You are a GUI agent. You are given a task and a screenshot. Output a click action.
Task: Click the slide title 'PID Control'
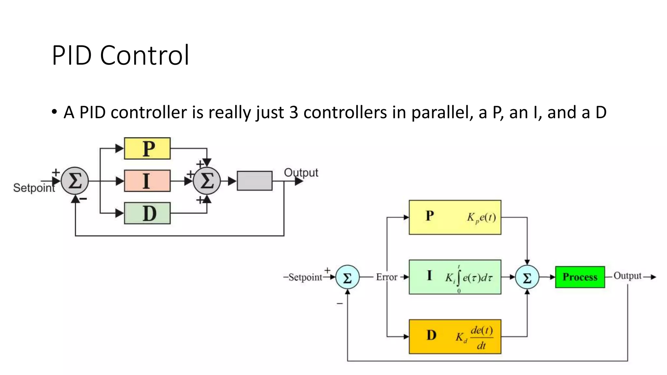tap(121, 55)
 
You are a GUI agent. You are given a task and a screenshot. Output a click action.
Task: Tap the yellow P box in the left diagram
tap(147, 148)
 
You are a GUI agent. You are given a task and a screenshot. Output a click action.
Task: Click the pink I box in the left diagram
tap(147, 181)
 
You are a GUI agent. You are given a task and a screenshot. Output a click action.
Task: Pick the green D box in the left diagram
tap(147, 213)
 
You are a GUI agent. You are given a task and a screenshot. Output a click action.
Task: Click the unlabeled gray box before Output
tap(254, 181)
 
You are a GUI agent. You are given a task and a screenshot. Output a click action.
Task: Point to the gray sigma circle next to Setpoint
tap(75, 181)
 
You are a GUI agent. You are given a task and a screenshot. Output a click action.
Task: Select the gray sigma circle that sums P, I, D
tap(207, 181)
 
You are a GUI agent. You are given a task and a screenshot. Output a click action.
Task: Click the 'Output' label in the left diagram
tap(301, 173)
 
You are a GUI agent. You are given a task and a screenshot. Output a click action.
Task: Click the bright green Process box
tap(580, 277)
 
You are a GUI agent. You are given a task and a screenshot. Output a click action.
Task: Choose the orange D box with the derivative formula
tap(455, 337)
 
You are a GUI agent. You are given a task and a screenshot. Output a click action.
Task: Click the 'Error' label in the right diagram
tap(387, 277)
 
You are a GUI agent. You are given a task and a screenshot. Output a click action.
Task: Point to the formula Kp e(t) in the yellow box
tap(481, 217)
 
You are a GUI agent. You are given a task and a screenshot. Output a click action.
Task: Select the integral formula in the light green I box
tap(469, 278)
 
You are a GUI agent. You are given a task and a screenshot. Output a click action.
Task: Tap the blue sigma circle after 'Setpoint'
tap(348, 277)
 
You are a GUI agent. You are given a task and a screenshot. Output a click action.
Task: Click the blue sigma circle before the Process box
tap(527, 277)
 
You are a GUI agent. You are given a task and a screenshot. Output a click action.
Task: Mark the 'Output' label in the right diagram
tap(627, 276)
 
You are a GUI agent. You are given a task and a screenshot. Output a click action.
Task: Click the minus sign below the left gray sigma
tap(83, 199)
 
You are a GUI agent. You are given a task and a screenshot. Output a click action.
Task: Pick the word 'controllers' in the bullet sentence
tap(345, 113)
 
